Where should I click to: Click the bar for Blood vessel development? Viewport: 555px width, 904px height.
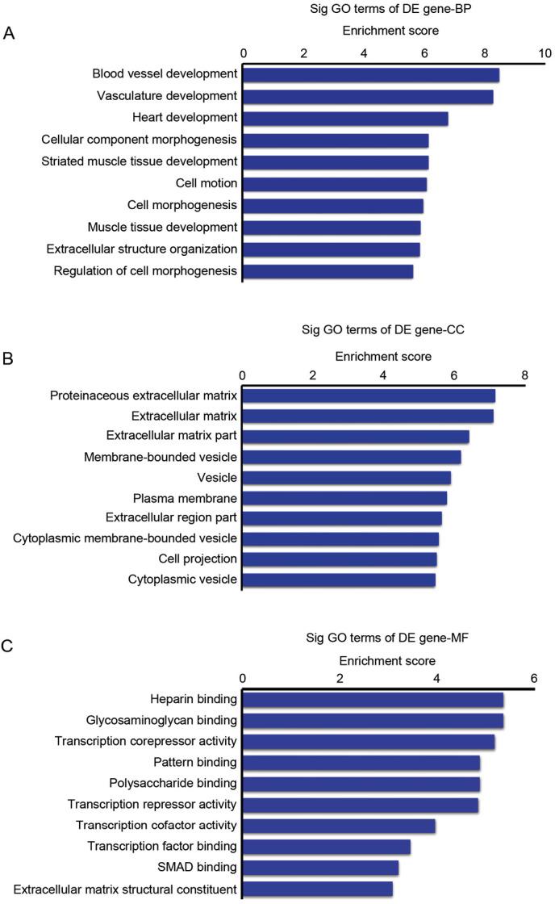pos(370,75)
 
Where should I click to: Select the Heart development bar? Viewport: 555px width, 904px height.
pos(344,119)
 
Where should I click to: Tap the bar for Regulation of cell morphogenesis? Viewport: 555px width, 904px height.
pos(328,271)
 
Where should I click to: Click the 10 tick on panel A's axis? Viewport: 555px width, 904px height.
pos(545,53)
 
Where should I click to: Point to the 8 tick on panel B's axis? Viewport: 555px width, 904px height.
pos(524,375)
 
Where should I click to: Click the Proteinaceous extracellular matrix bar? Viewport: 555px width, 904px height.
pos(368,395)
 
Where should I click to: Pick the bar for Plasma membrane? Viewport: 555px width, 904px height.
pos(344,498)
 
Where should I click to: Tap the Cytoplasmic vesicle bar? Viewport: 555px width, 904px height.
pos(338,580)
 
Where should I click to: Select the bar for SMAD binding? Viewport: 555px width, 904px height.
pos(319,868)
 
